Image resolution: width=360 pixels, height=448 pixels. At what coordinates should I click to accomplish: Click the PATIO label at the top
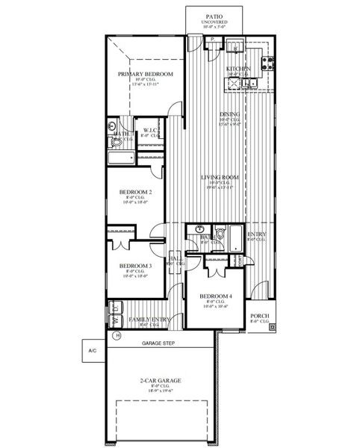click(x=214, y=15)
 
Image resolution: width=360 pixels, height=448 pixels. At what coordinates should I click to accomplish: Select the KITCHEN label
click(x=239, y=69)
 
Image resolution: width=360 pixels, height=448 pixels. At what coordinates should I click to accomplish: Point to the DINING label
click(x=229, y=113)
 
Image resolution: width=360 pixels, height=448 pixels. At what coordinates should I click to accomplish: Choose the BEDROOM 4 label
click(x=216, y=297)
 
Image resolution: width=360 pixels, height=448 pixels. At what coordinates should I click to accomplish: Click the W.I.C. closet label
click(x=149, y=131)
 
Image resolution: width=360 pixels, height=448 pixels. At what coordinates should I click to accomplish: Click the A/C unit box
click(x=92, y=350)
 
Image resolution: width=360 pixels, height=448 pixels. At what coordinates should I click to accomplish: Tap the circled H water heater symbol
click(x=117, y=336)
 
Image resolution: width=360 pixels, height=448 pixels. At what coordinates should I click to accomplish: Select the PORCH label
click(x=259, y=315)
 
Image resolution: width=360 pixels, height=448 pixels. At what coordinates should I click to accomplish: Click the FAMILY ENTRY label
click(x=149, y=320)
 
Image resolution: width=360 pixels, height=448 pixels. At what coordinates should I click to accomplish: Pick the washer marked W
click(x=116, y=320)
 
